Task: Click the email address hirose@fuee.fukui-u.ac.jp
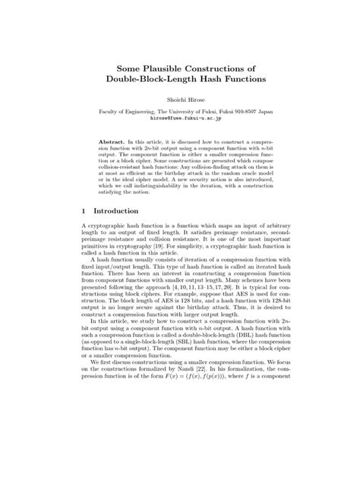point(179,118)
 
